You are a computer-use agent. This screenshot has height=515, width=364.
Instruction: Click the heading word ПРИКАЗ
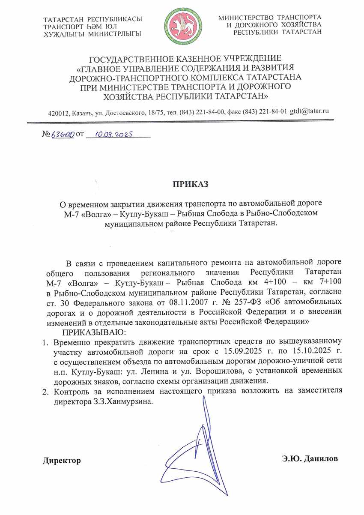pyautogui.click(x=190, y=185)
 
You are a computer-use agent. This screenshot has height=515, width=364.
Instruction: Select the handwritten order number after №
pyautogui.click(x=62, y=135)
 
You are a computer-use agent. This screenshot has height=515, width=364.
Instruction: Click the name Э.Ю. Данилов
pyautogui.click(x=310, y=459)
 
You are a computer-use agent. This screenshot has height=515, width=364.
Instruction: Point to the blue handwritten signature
pyautogui.click(x=193, y=454)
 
